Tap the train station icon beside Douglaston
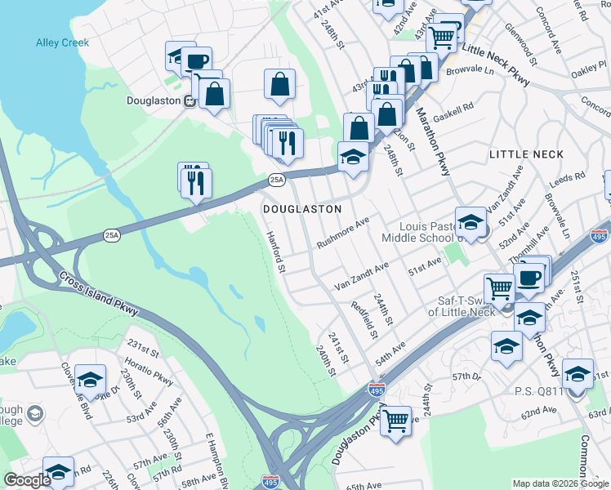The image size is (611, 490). click(x=190, y=101)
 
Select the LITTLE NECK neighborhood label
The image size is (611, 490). click(x=521, y=154)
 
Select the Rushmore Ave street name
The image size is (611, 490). click(x=343, y=233)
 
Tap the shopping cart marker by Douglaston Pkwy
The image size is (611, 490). click(x=396, y=421)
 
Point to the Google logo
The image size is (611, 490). click(x=27, y=481)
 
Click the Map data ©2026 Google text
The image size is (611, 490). click(x=560, y=483)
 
